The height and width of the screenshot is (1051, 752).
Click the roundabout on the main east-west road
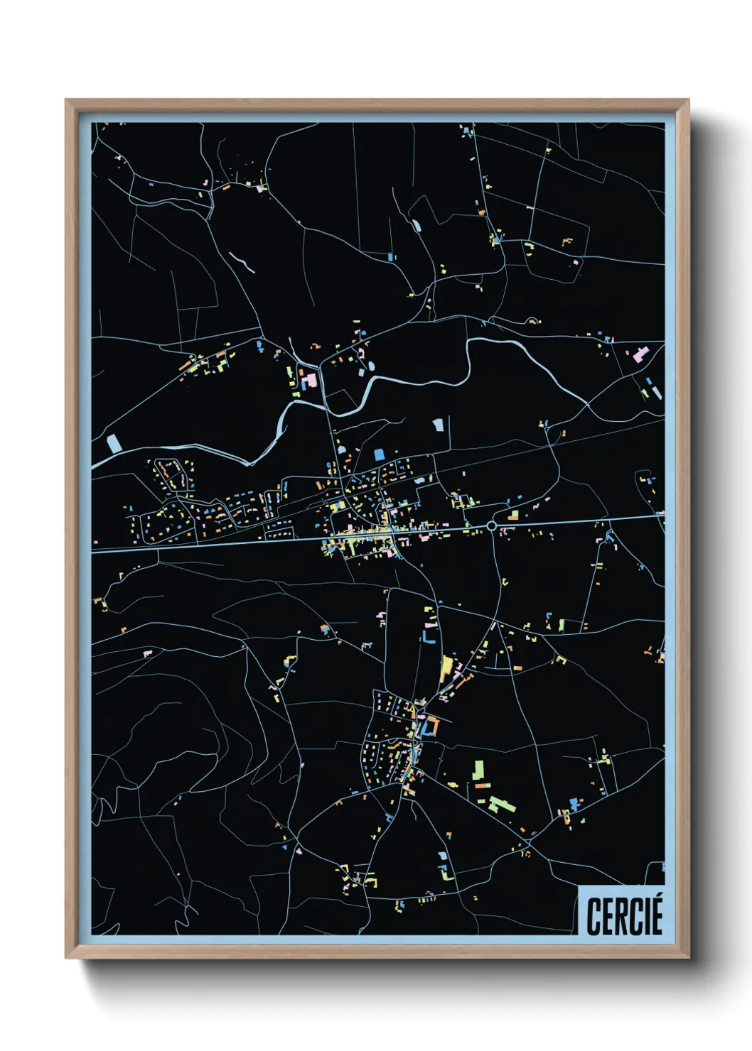[x=491, y=525]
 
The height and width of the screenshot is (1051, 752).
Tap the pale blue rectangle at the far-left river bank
[x=114, y=443]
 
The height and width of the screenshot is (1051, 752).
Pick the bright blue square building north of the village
[x=379, y=453]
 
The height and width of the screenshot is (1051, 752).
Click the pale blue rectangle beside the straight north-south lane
[x=438, y=425]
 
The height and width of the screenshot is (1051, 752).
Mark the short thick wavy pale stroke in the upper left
[x=242, y=262]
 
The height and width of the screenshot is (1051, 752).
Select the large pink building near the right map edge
[x=640, y=354]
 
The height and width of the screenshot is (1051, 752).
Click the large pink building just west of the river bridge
[x=310, y=379]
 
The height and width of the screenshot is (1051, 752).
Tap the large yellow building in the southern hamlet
[x=446, y=667]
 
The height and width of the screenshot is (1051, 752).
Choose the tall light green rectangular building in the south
[x=479, y=770]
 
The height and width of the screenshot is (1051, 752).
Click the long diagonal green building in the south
[x=503, y=805]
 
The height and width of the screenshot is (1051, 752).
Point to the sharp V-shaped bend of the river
[x=249, y=464]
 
